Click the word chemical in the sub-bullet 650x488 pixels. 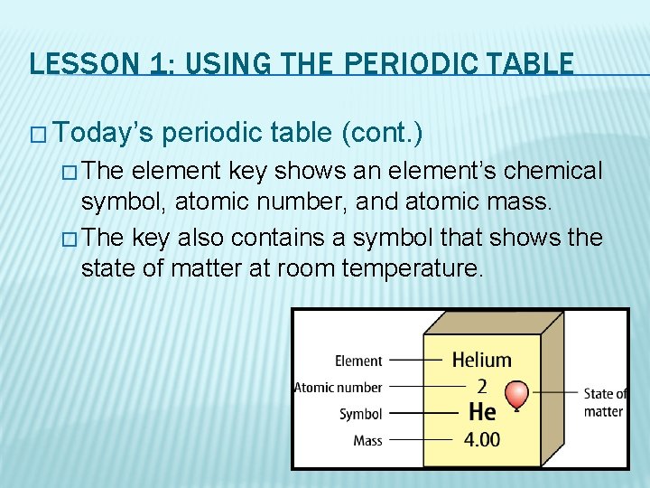552,171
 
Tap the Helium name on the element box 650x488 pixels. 481,360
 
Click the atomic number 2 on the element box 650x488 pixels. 481,387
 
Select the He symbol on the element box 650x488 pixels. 482,412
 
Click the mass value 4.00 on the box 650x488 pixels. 482,441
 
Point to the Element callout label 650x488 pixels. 358,361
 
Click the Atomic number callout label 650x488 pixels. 339,388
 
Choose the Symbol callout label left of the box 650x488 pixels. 360,414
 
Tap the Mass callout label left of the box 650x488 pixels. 367,441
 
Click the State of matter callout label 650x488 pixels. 604,402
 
